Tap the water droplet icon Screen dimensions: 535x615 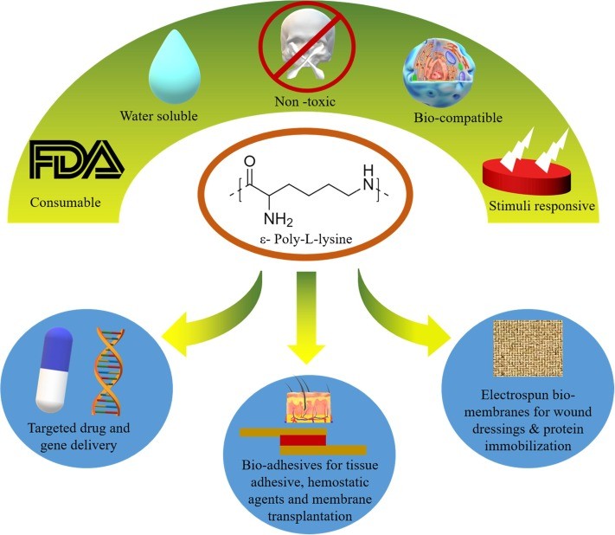pos(176,68)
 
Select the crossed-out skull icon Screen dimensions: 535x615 pos(304,46)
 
